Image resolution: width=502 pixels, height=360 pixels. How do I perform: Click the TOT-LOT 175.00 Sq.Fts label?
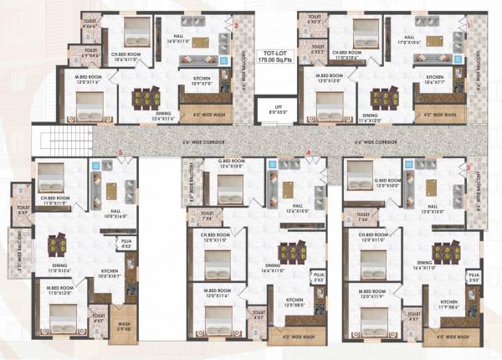[268, 58]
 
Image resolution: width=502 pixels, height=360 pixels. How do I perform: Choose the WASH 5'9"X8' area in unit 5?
[123, 328]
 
